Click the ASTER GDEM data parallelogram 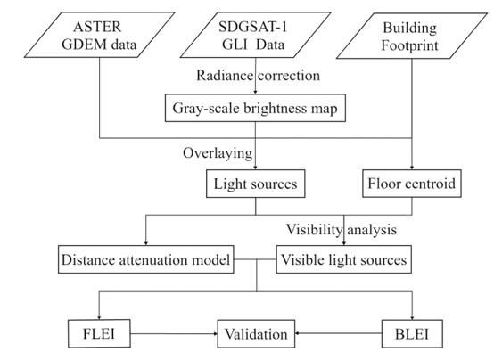100,35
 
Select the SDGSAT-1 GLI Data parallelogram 256,35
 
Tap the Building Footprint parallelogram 412,36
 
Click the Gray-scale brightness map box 255,108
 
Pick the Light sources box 256,184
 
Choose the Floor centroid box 412,184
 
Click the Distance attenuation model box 146,259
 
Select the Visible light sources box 343,259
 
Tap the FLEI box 99,333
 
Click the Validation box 256,333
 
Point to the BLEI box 412,333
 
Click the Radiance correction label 258,76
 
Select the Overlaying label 218,153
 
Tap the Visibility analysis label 342,229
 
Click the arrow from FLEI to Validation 174,333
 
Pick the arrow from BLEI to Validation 338,333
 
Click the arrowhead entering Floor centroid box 412,168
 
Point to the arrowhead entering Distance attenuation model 146,243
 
